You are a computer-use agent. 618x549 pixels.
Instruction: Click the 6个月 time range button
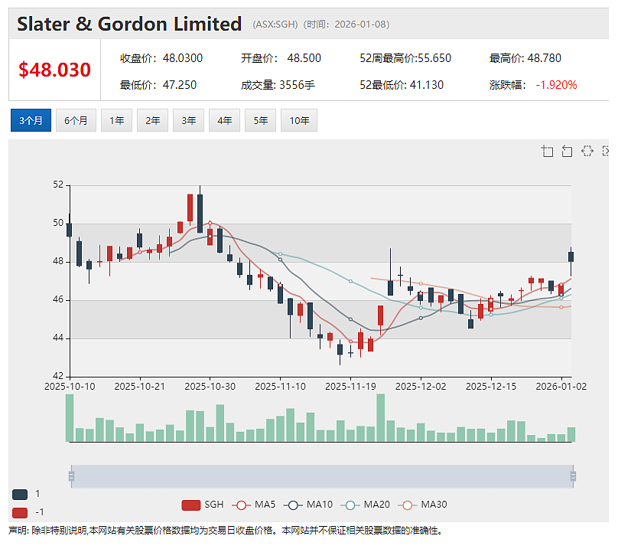click(76, 120)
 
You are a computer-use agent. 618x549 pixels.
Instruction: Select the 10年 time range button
click(299, 120)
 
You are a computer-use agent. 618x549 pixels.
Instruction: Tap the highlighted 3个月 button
click(31, 120)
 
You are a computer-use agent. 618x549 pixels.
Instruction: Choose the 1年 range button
click(117, 120)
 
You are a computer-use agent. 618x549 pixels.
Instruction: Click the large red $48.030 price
click(55, 70)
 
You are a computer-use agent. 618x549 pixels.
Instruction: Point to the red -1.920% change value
click(556, 85)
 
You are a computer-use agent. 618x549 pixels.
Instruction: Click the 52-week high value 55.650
click(434, 58)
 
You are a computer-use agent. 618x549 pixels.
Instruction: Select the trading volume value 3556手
click(298, 85)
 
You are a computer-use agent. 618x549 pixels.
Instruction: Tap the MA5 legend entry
click(254, 505)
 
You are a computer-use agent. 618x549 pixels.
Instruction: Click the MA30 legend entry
click(422, 505)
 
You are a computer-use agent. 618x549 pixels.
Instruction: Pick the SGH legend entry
click(203, 505)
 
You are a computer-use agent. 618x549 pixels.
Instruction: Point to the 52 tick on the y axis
click(58, 185)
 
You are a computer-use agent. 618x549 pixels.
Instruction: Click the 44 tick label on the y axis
click(58, 338)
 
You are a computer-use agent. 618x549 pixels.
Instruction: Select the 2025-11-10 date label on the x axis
click(280, 387)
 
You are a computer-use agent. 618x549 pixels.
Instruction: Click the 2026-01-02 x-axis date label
click(561, 387)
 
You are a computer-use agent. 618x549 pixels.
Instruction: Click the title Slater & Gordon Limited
click(129, 24)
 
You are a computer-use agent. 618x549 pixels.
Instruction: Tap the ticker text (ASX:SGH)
click(275, 25)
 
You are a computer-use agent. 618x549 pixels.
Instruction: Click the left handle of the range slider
click(71, 476)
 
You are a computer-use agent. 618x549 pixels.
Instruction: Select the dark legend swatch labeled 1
click(20, 494)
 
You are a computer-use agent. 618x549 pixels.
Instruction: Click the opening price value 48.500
click(304, 58)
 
